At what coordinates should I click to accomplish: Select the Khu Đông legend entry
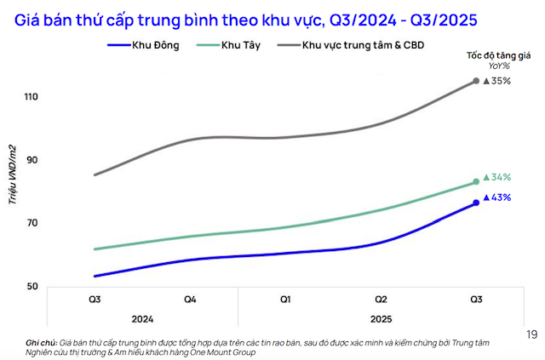pos(145,44)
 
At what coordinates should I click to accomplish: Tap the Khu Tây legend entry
pos(226,44)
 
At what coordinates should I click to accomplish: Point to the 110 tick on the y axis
pos(32,97)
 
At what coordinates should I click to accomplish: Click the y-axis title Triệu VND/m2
pos(13,174)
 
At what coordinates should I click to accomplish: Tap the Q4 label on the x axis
pos(190,300)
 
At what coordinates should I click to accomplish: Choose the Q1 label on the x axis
pos(285,300)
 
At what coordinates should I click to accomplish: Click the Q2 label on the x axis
pos(381,300)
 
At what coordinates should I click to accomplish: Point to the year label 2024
pos(142,318)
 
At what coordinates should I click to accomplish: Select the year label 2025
pos(381,318)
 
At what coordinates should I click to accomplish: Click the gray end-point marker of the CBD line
pos(476,81)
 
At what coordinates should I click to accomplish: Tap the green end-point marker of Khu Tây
pos(476,181)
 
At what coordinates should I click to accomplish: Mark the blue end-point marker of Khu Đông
pos(476,203)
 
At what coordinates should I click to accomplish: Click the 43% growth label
pos(497,197)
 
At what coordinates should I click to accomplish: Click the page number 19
pos(532,334)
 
